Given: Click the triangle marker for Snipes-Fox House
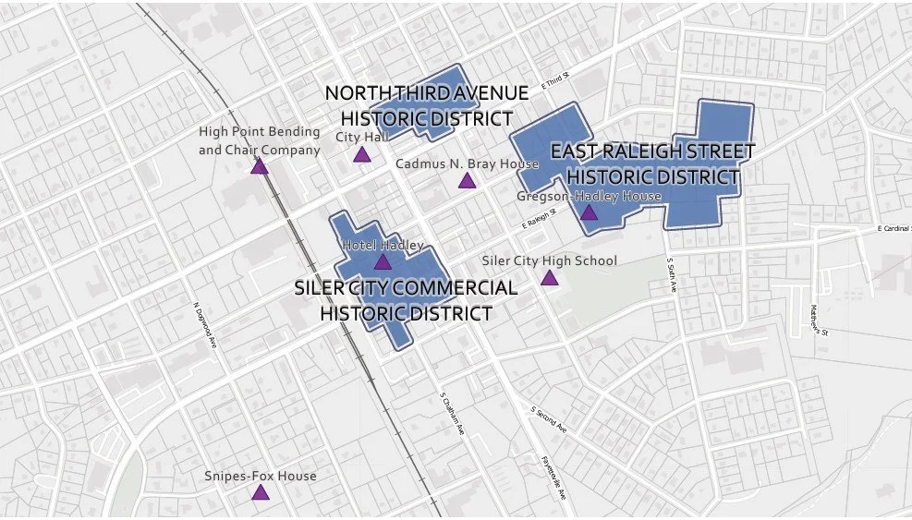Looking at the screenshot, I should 260,493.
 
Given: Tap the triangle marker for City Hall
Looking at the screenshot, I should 361,154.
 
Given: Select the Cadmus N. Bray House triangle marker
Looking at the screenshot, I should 467,180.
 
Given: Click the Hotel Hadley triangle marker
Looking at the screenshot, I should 383,262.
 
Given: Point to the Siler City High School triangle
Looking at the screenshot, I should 550,278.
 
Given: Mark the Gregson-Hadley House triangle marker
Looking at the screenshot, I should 589,213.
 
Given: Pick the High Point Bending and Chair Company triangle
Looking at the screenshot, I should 260,166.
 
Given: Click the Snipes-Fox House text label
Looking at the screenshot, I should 260,476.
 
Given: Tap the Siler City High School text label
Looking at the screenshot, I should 549,260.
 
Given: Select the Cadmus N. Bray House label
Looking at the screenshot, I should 467,163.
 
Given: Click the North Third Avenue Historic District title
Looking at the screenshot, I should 426,106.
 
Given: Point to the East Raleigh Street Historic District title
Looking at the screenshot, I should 652,163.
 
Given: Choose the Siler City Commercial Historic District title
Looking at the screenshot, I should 406,300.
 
